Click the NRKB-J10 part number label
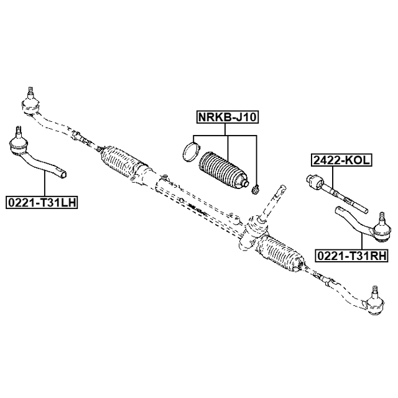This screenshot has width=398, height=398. (227, 117)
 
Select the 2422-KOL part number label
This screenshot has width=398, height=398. (341, 160)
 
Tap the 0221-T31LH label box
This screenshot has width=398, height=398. (40, 202)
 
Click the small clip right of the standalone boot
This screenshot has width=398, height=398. (254, 187)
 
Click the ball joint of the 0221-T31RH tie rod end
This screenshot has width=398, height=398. (381, 231)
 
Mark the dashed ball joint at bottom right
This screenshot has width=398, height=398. (374, 304)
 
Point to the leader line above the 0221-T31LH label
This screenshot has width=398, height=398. (45, 183)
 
